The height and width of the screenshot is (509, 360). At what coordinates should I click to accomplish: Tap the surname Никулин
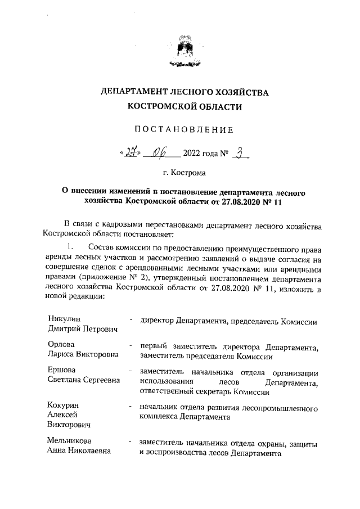point(65,319)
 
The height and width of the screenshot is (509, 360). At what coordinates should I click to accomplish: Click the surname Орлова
point(61,345)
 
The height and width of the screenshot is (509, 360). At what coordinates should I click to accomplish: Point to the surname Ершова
point(62,371)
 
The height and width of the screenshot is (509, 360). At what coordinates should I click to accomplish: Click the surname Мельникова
point(70,441)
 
